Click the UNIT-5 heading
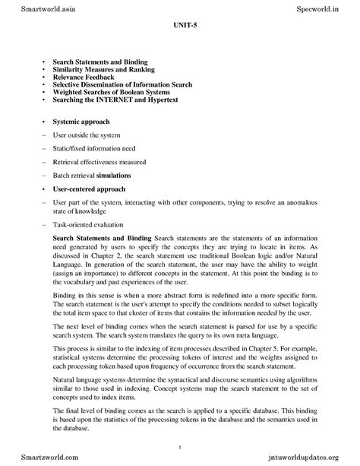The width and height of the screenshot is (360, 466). [x=180, y=35]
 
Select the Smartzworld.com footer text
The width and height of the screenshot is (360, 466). [x=34, y=458]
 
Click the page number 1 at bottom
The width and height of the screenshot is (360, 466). [x=180, y=447]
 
